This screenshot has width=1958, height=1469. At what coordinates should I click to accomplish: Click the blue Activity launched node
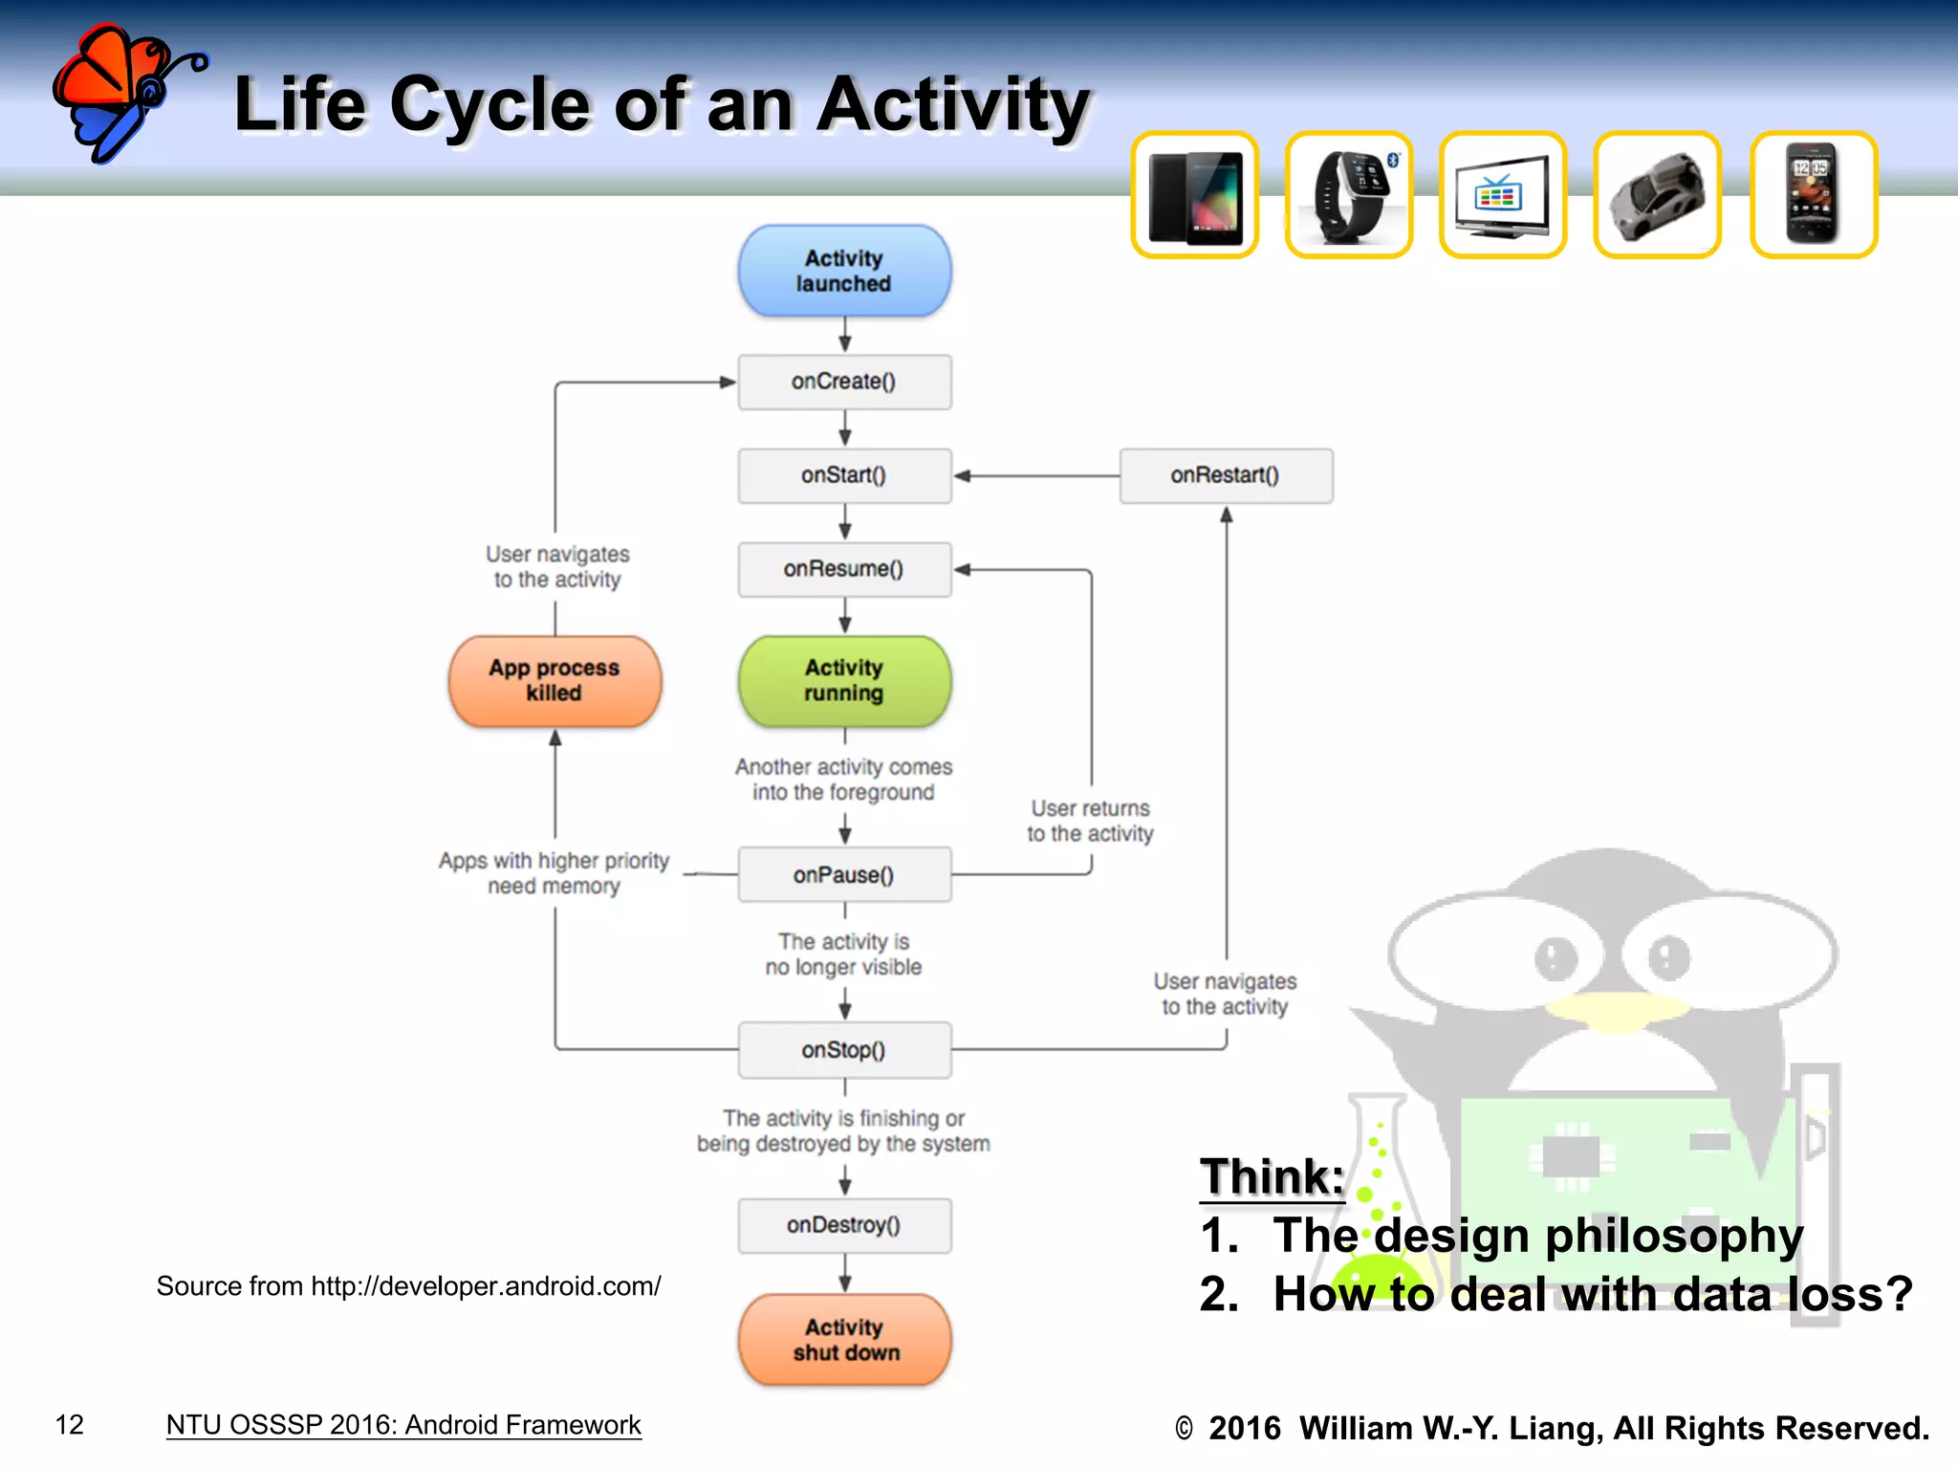(x=844, y=271)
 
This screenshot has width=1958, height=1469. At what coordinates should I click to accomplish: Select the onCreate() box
(x=844, y=382)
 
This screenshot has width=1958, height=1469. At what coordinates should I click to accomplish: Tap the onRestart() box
(x=1226, y=475)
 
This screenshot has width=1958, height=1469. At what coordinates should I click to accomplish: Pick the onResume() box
(x=844, y=569)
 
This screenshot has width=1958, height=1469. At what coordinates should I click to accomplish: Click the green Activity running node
(x=844, y=680)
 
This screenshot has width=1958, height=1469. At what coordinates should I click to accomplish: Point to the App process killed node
(x=555, y=680)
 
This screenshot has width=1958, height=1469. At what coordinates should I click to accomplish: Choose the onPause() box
(x=844, y=874)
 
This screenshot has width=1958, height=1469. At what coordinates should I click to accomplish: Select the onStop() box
(x=844, y=1049)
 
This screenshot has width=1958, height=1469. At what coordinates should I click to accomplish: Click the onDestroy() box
(x=844, y=1225)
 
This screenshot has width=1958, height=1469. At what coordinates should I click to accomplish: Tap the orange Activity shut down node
(x=844, y=1339)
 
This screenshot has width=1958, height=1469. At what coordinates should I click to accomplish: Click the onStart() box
(x=844, y=475)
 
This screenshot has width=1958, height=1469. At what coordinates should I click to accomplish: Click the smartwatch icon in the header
(x=1348, y=195)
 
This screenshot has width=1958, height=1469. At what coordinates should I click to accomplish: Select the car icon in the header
(x=1657, y=195)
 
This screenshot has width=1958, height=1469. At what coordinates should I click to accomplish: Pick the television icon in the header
(x=1502, y=195)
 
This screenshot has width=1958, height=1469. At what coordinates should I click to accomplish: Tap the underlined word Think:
(x=1272, y=1176)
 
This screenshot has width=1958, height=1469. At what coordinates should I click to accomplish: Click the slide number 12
(x=70, y=1425)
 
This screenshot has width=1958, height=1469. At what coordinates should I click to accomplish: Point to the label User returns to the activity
(x=1090, y=821)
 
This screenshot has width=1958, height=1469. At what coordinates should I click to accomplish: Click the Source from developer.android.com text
(x=408, y=1286)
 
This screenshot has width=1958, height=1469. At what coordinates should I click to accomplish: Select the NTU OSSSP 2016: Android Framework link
(x=403, y=1425)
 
